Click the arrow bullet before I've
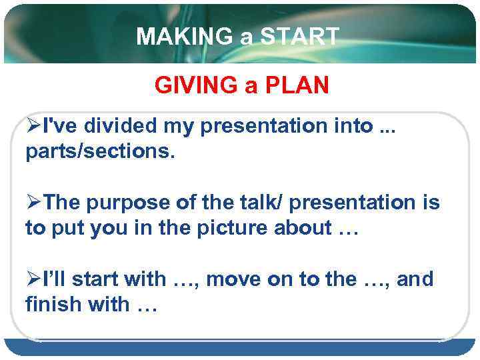(x=33, y=126)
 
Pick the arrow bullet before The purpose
(x=33, y=203)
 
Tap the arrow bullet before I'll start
(x=33, y=279)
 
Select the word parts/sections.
(x=100, y=153)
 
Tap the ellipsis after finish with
(x=145, y=306)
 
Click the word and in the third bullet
(x=415, y=279)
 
